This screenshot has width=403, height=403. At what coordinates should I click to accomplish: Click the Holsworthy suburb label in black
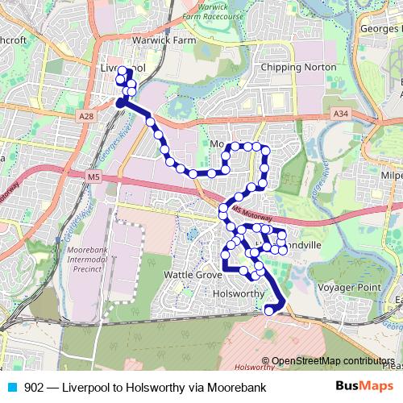pyautogui.click(x=237, y=294)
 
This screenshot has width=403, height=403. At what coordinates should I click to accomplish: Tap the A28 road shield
pyautogui.click(x=87, y=117)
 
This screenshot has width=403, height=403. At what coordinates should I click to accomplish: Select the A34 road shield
pyautogui.click(x=339, y=115)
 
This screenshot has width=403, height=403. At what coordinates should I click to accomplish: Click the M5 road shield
pyautogui.click(x=95, y=177)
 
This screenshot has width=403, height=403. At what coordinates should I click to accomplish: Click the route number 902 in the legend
pyautogui.click(x=34, y=387)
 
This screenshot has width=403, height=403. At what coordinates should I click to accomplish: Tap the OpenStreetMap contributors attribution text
pyautogui.click(x=333, y=361)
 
